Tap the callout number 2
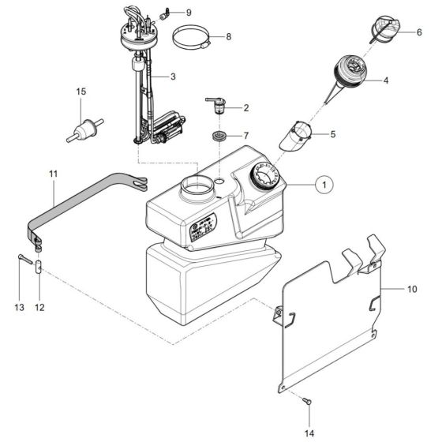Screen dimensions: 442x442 click(x=245, y=107)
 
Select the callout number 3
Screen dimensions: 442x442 click(x=173, y=77)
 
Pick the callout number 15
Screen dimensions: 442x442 click(x=80, y=92)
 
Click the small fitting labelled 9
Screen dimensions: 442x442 click(x=166, y=13)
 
